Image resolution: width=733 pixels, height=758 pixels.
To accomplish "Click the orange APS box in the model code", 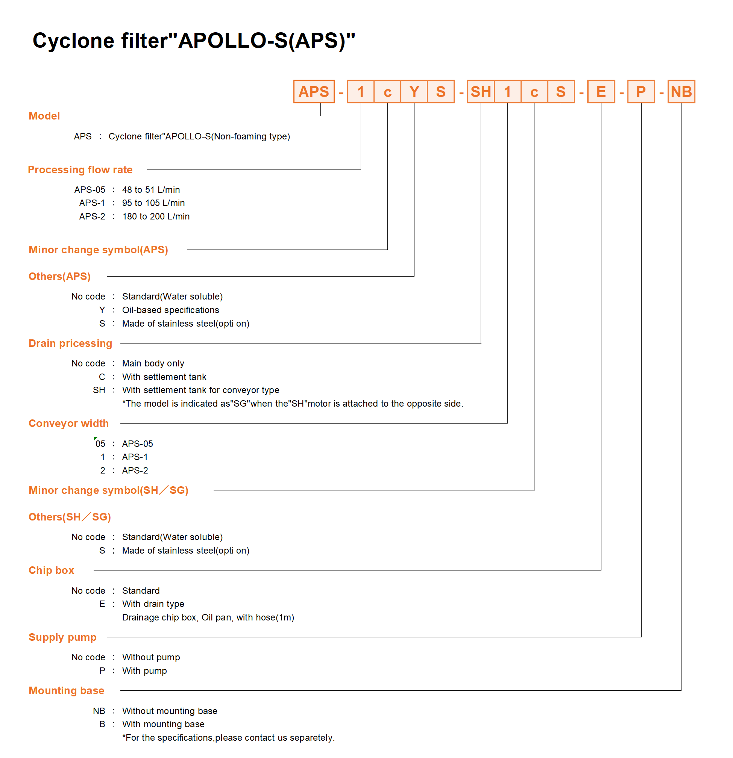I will tap(314, 92).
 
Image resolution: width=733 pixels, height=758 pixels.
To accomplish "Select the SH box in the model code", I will tap(480, 92).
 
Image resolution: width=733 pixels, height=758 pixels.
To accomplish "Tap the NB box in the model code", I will tap(681, 92).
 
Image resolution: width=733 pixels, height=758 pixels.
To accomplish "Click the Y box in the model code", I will tap(414, 92).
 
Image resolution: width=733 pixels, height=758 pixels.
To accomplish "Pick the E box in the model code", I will tap(601, 92).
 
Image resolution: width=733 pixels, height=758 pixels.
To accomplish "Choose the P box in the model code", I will tap(641, 92).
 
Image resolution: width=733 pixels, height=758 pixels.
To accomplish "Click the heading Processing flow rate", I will tap(80, 169).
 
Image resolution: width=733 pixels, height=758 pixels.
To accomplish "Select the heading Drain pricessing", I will tap(70, 343).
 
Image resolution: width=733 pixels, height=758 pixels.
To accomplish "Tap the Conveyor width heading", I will tap(68, 423).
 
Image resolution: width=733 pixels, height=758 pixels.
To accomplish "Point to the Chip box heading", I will tap(51, 570).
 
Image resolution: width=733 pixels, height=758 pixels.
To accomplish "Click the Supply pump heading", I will tap(62, 637).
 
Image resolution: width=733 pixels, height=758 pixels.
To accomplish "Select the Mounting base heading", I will tap(66, 690).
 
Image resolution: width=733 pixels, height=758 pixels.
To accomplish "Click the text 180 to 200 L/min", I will tap(156, 216).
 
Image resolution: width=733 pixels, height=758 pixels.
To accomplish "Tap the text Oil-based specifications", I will tap(170, 310).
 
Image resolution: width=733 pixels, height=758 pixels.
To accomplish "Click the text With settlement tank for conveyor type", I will tap(200, 390).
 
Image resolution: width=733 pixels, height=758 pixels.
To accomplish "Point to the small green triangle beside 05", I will tap(95, 439).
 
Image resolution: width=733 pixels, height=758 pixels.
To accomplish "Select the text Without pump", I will tap(151, 657).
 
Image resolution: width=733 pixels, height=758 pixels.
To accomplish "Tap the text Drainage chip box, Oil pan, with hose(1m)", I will tap(208, 617).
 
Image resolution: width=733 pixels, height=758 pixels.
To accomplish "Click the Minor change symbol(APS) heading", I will tap(98, 250).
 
